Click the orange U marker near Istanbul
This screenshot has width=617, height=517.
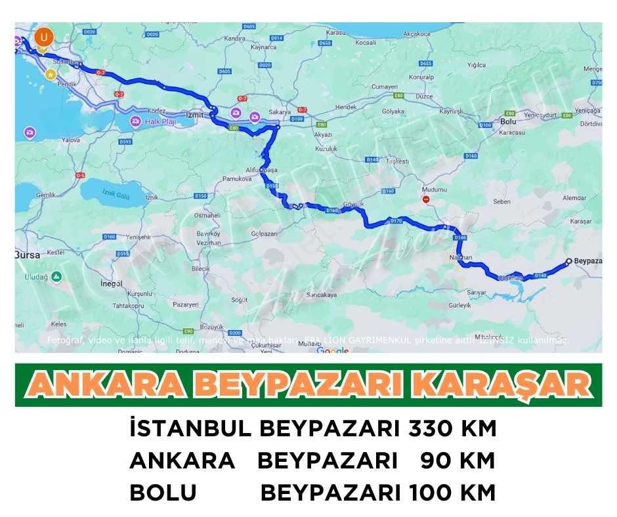tap(44, 35)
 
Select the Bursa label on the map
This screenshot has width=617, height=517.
tap(28, 255)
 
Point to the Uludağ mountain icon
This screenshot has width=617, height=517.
tap(57, 277)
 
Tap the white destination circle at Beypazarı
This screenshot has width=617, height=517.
tap(568, 260)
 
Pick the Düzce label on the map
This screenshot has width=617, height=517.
tap(424, 96)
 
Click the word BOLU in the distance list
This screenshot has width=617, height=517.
tap(163, 491)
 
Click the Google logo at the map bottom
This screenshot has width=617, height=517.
tap(333, 350)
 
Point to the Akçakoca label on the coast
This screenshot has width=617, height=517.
tap(417, 33)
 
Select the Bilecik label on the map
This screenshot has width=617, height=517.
tap(200, 269)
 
